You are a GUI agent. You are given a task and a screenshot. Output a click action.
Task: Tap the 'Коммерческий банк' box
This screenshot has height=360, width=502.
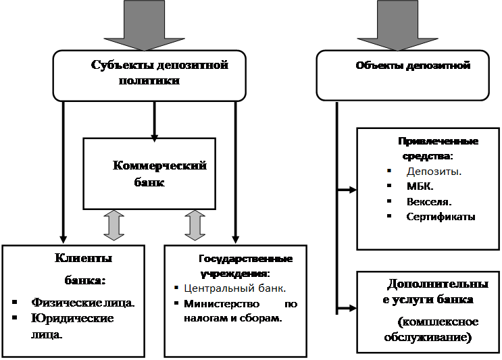pyautogui.click(x=149, y=174)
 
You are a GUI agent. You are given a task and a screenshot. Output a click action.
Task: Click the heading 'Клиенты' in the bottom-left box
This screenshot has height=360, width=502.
pyautogui.click(x=83, y=258)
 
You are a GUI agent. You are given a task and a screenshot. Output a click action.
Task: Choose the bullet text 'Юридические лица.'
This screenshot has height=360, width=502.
pyautogui.click(x=72, y=326)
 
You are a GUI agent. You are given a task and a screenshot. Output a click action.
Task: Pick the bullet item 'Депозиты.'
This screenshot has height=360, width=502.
pyautogui.click(x=434, y=171)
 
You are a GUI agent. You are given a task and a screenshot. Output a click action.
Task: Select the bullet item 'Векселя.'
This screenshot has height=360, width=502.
pyautogui.click(x=429, y=201)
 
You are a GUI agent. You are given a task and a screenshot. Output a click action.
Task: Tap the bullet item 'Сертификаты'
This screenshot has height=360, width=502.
pyautogui.click(x=441, y=217)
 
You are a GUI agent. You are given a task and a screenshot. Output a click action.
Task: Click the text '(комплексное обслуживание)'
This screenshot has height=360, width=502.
pyautogui.click(x=428, y=329)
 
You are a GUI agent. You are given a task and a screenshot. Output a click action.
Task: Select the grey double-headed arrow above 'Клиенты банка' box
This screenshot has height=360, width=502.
pyautogui.click(x=114, y=226)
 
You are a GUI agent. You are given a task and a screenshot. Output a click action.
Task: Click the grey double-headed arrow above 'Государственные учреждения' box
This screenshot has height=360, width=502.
pyautogui.click(x=195, y=226)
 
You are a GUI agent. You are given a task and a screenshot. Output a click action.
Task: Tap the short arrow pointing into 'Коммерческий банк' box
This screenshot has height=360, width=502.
pyautogui.click(x=154, y=122)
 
